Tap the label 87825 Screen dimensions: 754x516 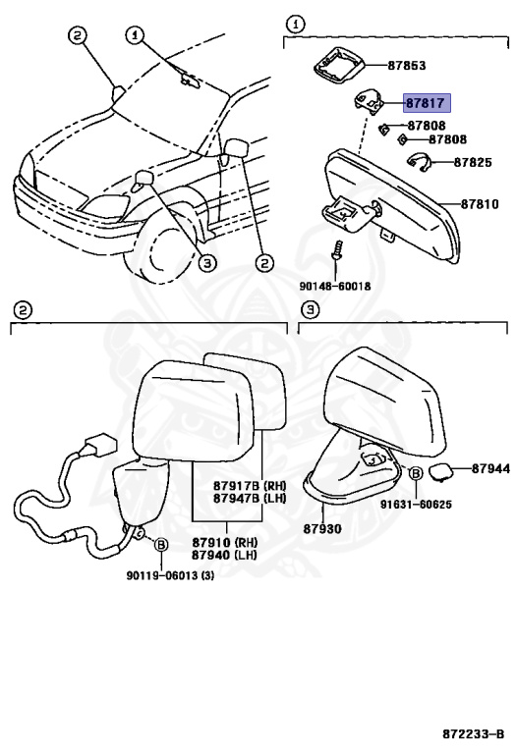pos(472,161)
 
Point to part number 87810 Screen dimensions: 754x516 pos(482,204)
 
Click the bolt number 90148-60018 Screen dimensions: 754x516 pos(335,286)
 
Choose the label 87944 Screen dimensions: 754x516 pos(489,469)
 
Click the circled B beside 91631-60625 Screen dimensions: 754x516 pos(416,473)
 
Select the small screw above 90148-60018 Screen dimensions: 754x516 pos(336,250)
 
